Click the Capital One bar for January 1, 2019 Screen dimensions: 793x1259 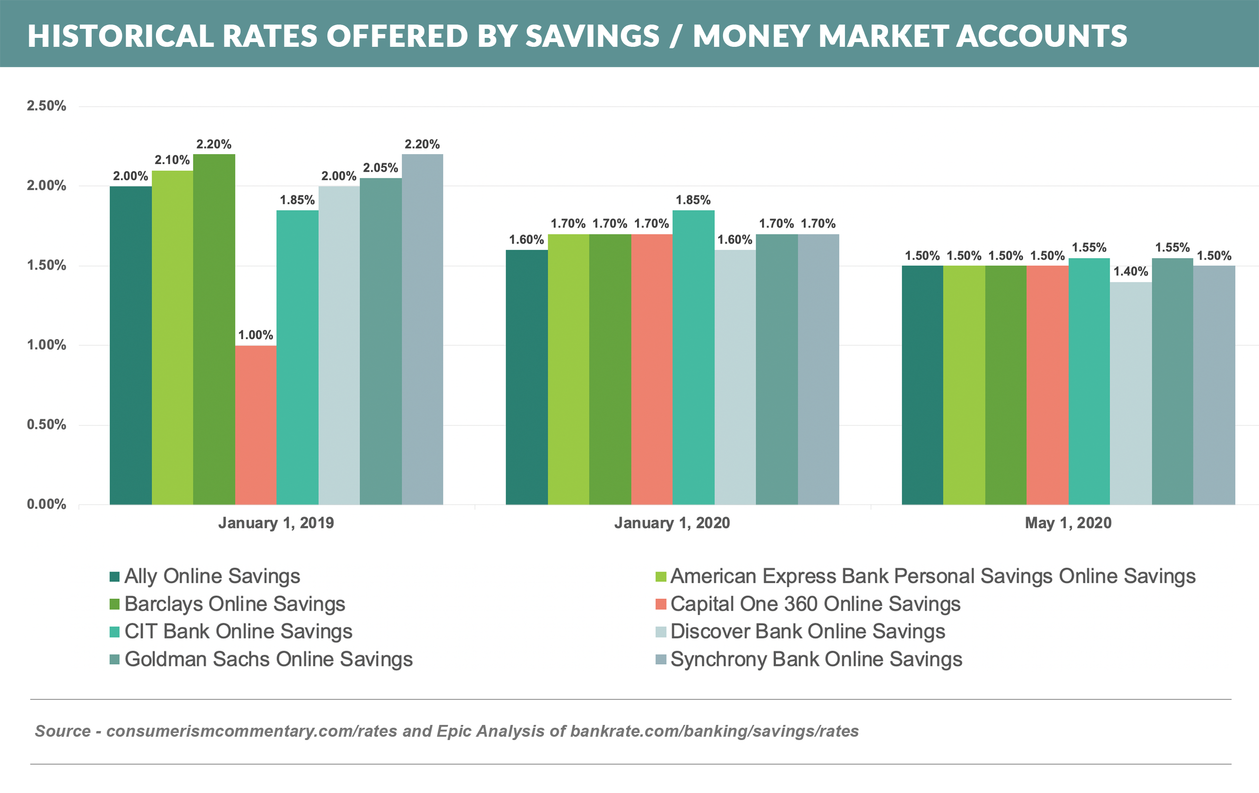pyautogui.click(x=256, y=425)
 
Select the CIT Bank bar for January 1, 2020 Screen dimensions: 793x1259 pyautogui.click(x=693, y=357)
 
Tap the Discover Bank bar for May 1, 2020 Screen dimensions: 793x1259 pyautogui.click(x=1130, y=393)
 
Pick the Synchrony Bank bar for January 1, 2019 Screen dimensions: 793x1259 pyautogui.click(x=423, y=329)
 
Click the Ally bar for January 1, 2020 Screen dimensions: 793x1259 pyautogui.click(x=526, y=377)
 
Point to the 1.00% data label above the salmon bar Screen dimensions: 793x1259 pyautogui.click(x=256, y=335)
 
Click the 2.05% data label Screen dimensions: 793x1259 pyautogui.click(x=380, y=168)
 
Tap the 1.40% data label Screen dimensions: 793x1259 pyautogui.click(x=1130, y=271)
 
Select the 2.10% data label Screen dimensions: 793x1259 pyautogui.click(x=172, y=160)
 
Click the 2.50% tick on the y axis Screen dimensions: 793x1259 pyautogui.click(x=46, y=106)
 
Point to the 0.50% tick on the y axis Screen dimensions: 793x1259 pyautogui.click(x=46, y=425)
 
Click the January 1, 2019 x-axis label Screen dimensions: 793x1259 pyautogui.click(x=276, y=523)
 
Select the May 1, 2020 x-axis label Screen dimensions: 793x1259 pyautogui.click(x=1068, y=523)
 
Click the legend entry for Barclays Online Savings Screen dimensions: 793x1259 pyautogui.click(x=235, y=604)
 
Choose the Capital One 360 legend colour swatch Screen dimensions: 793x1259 pyautogui.click(x=661, y=604)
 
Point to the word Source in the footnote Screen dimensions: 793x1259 pyautogui.click(x=63, y=731)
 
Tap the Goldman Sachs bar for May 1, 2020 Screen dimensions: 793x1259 pyautogui.click(x=1172, y=381)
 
